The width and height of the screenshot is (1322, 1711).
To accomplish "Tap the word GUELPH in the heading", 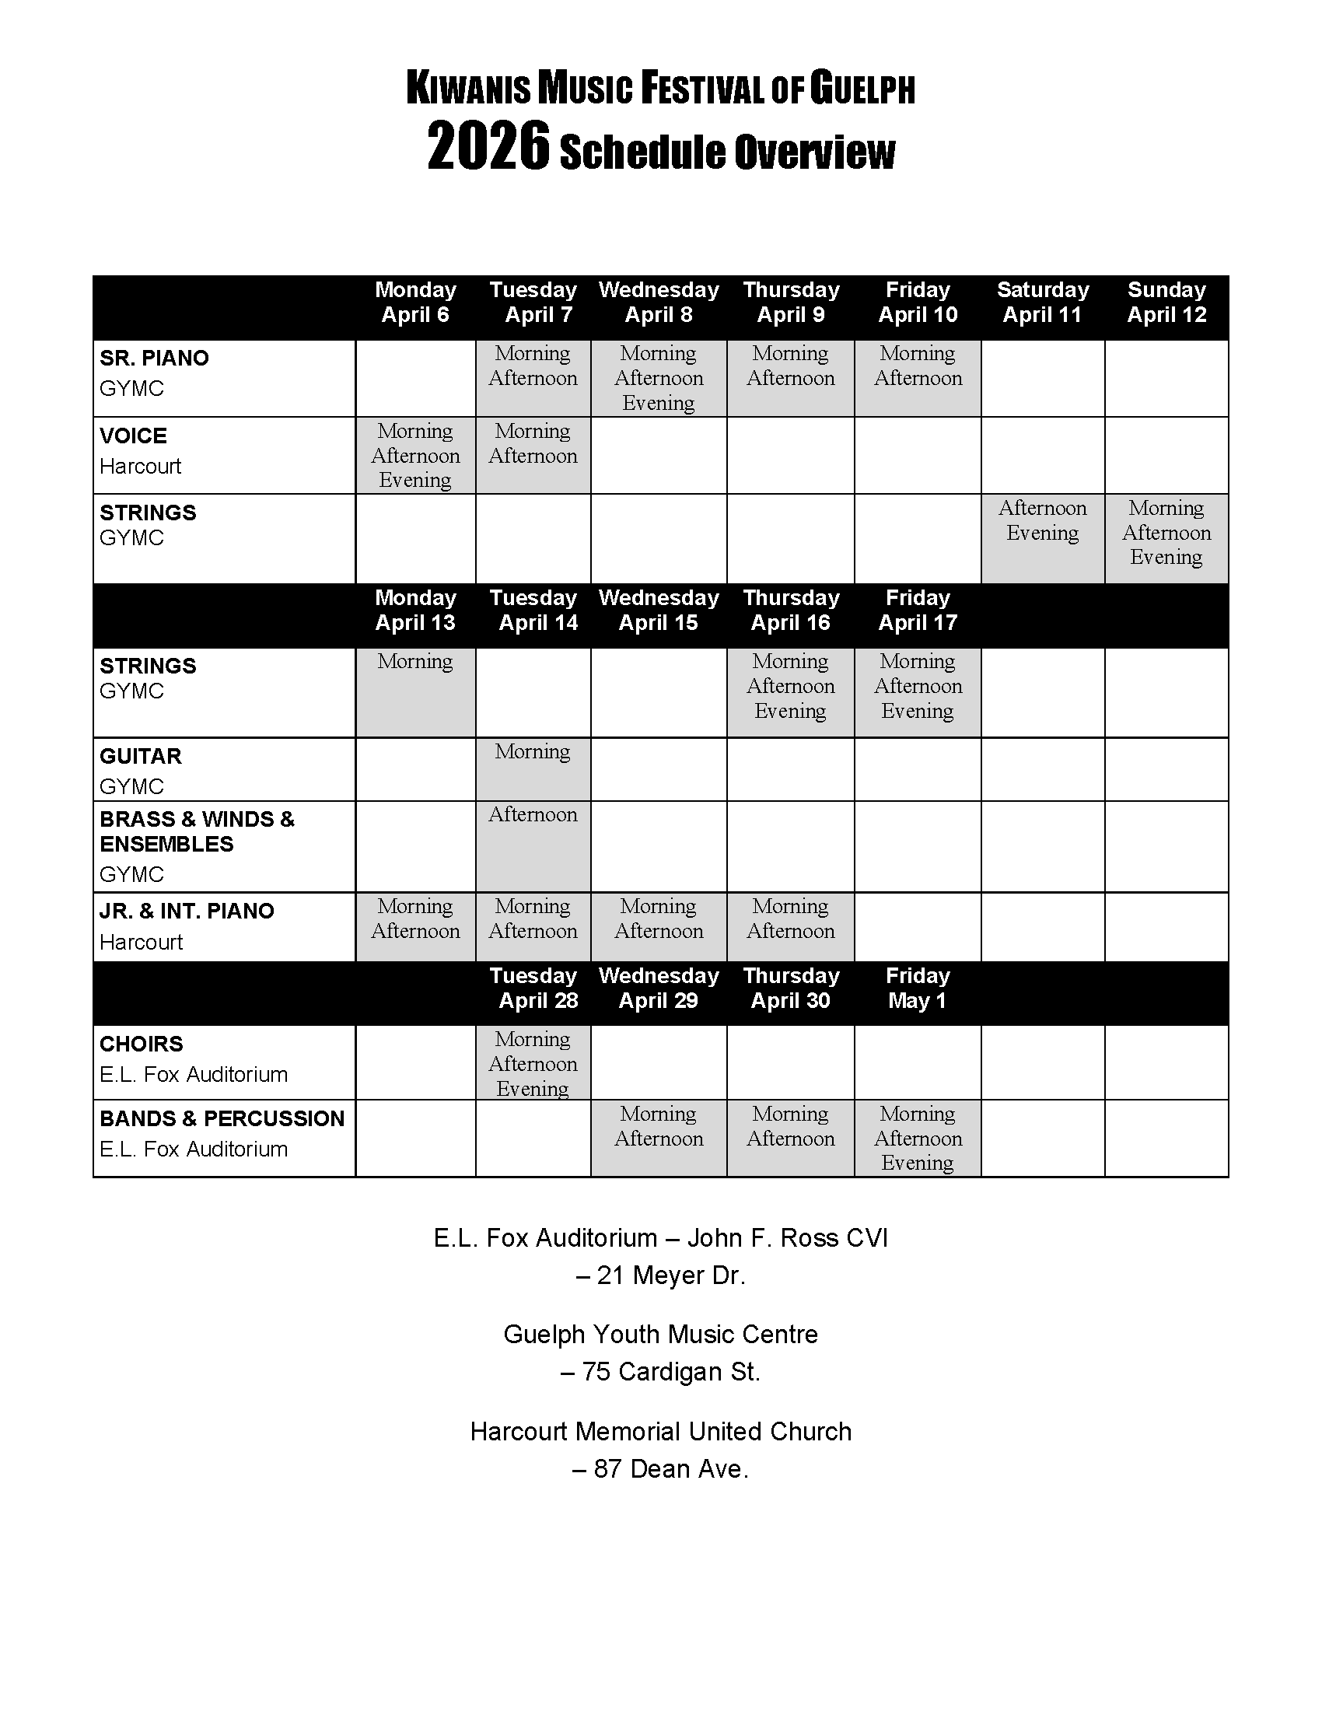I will tap(862, 89).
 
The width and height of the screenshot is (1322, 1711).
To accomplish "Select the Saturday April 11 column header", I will tap(1042, 303).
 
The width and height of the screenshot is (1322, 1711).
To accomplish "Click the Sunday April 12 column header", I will tap(1166, 303).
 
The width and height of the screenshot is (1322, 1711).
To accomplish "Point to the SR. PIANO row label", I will tap(154, 358).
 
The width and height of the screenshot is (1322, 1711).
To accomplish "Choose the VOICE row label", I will tap(133, 436).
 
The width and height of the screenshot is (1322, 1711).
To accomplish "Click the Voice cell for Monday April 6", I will tap(415, 455).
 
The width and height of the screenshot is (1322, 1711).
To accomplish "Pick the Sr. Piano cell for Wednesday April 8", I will tap(659, 379).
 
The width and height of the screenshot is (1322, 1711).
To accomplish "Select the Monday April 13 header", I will tap(415, 611).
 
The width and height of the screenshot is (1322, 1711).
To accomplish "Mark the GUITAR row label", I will tap(140, 756).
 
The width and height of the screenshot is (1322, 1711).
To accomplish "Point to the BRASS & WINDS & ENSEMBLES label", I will tap(197, 831).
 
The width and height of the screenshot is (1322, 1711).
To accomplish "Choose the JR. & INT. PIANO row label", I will tap(187, 911).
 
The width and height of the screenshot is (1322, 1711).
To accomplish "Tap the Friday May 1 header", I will tap(917, 988).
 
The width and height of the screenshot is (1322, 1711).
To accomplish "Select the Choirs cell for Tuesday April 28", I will tap(533, 1063).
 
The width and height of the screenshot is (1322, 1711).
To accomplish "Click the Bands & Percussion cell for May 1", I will tap(917, 1139).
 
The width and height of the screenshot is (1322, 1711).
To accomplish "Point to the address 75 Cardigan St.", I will tap(660, 1372).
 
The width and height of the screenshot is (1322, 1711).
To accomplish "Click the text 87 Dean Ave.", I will tap(660, 1469).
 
